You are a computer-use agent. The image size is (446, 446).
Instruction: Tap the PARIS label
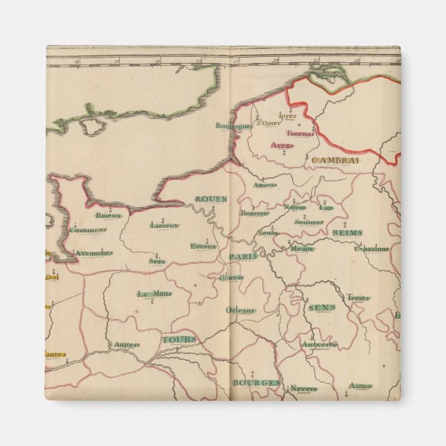pos(244,256)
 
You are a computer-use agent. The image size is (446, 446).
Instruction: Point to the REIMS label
pos(347,233)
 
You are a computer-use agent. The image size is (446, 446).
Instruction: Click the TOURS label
pos(179,339)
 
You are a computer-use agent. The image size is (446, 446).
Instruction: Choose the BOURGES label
pos(256,382)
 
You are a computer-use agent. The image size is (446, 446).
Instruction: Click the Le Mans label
pos(154,293)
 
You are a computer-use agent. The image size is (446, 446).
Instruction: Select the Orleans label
pos(240,310)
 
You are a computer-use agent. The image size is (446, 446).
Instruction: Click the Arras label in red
pos(281,145)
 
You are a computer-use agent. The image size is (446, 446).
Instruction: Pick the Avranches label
pos(93,253)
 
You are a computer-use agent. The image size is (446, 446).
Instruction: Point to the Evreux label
pos(204,246)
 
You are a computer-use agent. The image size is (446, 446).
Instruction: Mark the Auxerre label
pos(319,344)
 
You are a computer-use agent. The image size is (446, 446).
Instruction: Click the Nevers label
pos(303,388)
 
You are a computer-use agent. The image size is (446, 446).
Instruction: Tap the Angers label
pos(127,344)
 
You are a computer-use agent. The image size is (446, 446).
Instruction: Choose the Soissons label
pos(308,222)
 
